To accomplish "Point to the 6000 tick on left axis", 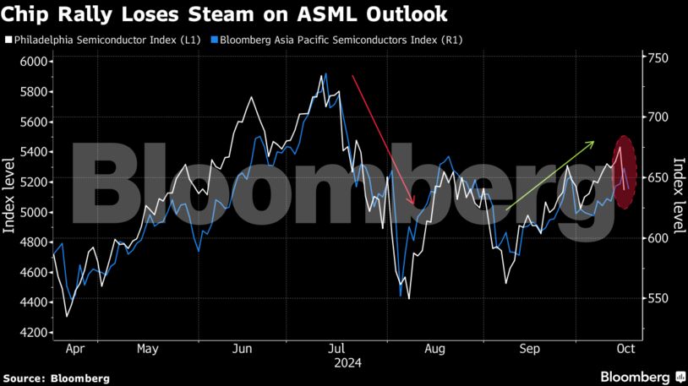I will click(x=35, y=62).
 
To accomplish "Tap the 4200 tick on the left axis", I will click(x=35, y=333).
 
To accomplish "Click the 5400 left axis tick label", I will click(x=35, y=152).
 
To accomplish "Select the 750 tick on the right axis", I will click(x=658, y=57).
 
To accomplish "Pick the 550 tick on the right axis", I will click(x=658, y=299).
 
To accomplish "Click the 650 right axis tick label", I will click(x=658, y=178).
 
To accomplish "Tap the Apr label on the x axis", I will click(x=74, y=348).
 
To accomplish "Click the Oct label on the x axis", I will click(x=625, y=348).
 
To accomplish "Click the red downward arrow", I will click(x=383, y=139).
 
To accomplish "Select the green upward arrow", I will click(x=550, y=175).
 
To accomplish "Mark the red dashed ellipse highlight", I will click(x=624, y=172).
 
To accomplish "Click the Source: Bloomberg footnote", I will click(x=56, y=378).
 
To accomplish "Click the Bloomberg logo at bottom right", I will click(x=642, y=376).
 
